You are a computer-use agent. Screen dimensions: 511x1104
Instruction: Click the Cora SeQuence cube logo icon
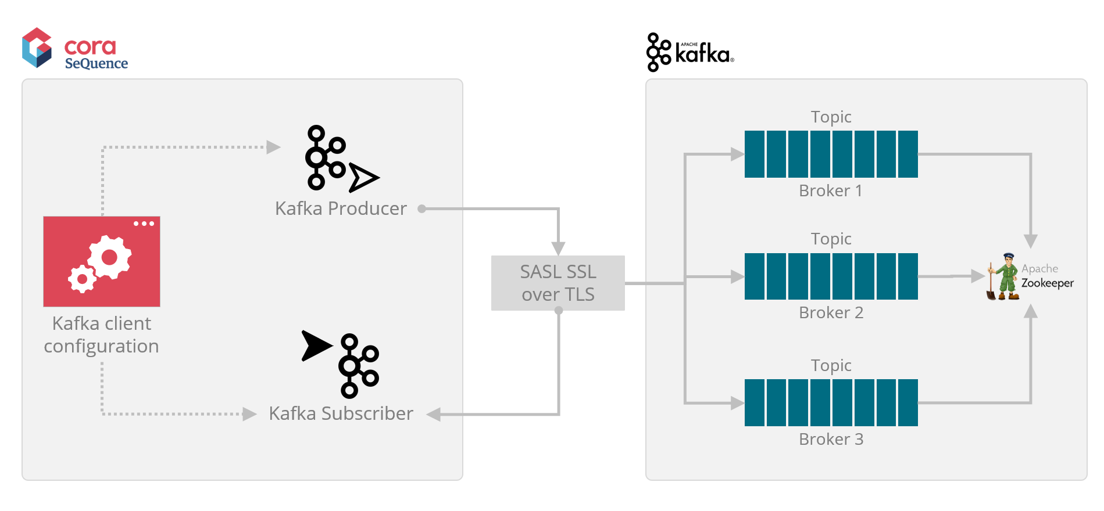coord(37,48)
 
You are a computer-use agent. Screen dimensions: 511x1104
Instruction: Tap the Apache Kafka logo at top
coord(690,52)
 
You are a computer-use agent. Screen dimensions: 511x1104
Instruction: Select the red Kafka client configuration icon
coord(102,261)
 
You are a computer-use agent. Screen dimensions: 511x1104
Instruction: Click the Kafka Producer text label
coord(341,208)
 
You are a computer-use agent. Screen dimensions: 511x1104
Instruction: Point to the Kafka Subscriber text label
coord(341,413)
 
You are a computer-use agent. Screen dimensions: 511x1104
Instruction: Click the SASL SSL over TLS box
coord(558,283)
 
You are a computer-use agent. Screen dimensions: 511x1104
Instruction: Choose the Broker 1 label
coord(830,190)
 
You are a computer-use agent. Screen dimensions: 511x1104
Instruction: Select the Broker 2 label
coord(831,312)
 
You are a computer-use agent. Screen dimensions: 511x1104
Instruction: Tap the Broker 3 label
coord(831,439)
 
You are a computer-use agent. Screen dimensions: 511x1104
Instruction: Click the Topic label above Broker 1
coord(831,117)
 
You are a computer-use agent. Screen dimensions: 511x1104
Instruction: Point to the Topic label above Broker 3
coord(831,365)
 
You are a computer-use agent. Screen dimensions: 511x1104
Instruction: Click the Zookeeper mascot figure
coord(1004,277)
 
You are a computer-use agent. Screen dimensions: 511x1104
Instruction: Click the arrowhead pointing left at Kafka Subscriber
coord(433,414)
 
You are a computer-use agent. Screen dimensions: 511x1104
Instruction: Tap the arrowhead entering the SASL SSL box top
coord(558,249)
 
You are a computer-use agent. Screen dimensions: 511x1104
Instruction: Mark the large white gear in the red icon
coord(109,257)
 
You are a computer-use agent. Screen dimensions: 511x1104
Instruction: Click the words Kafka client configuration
coord(101,334)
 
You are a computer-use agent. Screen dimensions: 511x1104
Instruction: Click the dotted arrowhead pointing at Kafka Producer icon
coord(273,147)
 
